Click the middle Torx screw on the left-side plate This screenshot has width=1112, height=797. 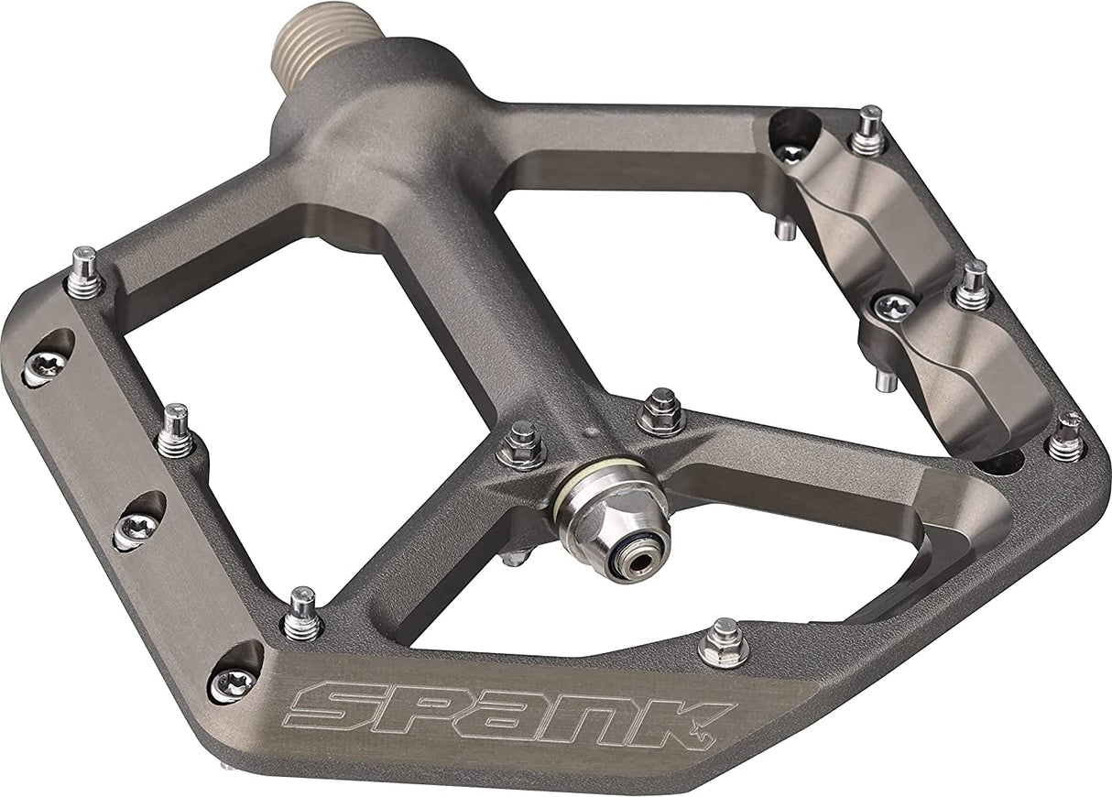pos(137,526)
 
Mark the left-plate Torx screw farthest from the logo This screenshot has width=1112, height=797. pos(46,365)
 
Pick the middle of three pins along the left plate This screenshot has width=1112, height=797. pos(175,431)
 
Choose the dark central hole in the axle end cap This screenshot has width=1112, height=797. pos(632,561)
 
